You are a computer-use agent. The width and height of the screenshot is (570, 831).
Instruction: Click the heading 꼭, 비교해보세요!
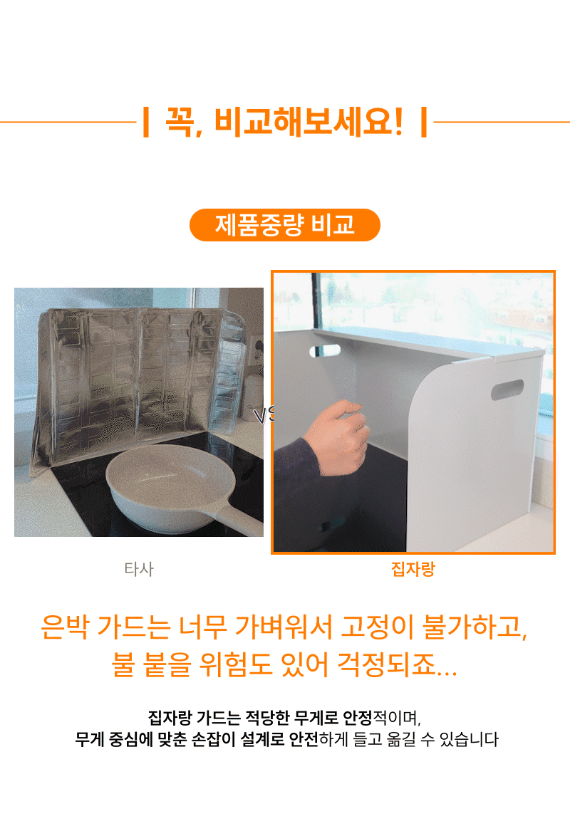click(x=284, y=121)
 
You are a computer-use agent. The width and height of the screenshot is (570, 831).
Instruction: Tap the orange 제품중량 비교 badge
click(x=285, y=225)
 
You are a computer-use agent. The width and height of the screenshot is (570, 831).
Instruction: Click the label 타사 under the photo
click(x=139, y=569)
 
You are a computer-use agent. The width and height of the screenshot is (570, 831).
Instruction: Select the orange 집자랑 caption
click(x=413, y=569)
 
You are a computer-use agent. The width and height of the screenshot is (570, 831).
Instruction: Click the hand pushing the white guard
click(x=336, y=434)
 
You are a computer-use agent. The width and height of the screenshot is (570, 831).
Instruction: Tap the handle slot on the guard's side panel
click(x=507, y=390)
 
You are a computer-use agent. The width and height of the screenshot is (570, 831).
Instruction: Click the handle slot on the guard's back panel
click(x=325, y=350)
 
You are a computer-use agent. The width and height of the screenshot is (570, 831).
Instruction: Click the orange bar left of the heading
click(x=146, y=122)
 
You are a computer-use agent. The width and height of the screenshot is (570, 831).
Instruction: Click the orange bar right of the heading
click(x=424, y=122)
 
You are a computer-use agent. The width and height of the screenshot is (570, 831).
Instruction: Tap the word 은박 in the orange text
click(x=64, y=627)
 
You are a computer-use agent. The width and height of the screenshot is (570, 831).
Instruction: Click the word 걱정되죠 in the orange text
click(x=387, y=664)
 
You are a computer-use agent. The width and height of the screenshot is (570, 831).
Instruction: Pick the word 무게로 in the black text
click(x=316, y=718)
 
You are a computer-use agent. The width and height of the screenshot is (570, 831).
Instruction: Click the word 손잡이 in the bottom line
click(x=213, y=739)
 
